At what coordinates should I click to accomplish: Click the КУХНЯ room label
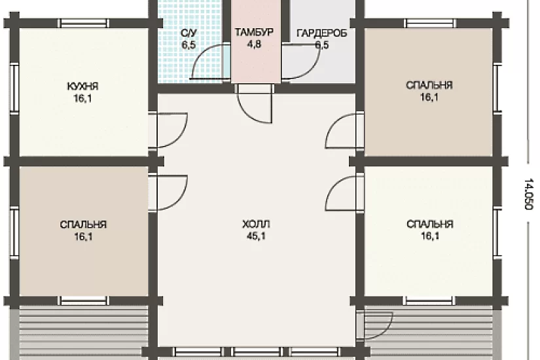click(x=82, y=86)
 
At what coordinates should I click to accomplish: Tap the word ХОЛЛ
click(x=256, y=225)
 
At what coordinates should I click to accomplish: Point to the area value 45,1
click(x=256, y=236)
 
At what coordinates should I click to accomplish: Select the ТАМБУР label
click(x=254, y=32)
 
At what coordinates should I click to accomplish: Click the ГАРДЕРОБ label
click(x=321, y=33)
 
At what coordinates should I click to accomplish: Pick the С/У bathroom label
click(x=189, y=33)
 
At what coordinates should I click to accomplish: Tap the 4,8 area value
click(x=254, y=45)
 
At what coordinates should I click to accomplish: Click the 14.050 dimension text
click(x=528, y=194)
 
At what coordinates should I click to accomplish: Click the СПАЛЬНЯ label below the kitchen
click(x=83, y=225)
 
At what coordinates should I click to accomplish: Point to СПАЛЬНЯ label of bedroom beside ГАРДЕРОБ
click(x=429, y=85)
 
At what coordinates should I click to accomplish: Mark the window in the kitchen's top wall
click(x=83, y=23)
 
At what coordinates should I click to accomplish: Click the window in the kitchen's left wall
click(x=14, y=88)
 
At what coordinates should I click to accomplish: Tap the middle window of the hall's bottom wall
click(x=257, y=351)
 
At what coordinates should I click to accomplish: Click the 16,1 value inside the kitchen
click(x=82, y=99)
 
